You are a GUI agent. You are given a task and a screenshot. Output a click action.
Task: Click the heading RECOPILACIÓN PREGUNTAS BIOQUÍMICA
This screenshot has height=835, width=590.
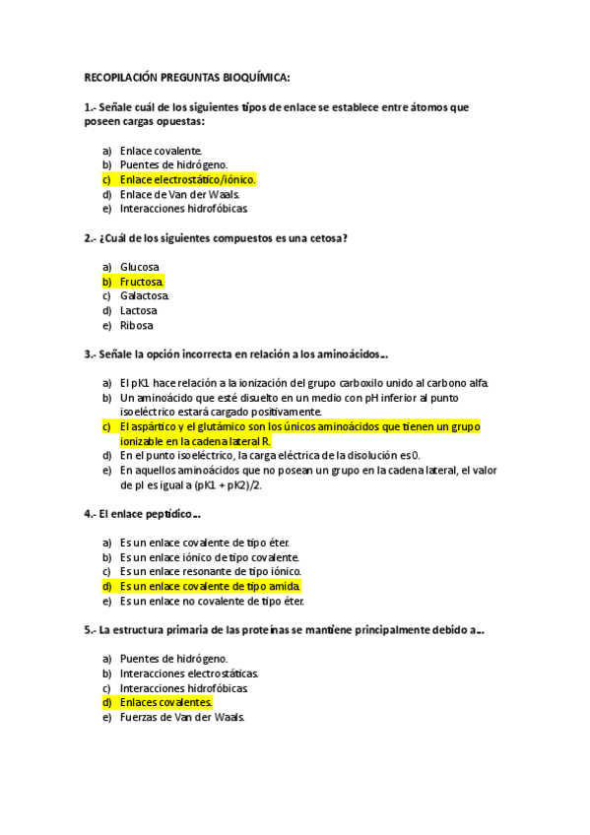point(187,78)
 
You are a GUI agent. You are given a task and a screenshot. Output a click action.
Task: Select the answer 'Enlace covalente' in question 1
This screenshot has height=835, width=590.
point(161,151)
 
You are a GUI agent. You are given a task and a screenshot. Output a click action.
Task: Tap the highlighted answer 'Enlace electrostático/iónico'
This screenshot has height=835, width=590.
point(187,179)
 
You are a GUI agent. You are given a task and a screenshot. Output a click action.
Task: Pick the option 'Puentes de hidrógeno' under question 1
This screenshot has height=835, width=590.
point(173,165)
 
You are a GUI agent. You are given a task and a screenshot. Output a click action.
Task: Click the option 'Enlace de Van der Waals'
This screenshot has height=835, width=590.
point(179,194)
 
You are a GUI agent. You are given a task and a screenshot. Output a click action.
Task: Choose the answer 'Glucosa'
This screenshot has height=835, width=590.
point(140,267)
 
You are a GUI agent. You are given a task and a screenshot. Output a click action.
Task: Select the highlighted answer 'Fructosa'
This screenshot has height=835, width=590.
point(142,282)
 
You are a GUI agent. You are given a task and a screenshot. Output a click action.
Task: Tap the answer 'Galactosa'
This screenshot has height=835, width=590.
point(145,295)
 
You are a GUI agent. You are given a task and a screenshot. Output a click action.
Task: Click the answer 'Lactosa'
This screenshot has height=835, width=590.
point(139,310)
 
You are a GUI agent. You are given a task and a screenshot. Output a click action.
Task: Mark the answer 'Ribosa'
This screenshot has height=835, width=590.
point(137,325)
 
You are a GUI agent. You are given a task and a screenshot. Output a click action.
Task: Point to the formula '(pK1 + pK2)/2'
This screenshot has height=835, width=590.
point(234,485)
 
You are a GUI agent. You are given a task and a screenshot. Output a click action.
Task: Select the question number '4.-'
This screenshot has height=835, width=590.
point(90,514)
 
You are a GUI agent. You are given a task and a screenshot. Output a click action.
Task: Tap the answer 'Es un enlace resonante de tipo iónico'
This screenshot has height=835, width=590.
point(210,571)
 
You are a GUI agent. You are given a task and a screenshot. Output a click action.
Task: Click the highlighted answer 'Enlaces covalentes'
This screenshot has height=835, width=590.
point(165,702)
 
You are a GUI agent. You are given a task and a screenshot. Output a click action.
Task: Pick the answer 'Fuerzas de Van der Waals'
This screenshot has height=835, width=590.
point(181,717)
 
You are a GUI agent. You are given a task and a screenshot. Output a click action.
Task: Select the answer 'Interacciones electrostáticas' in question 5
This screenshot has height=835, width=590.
point(189,674)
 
